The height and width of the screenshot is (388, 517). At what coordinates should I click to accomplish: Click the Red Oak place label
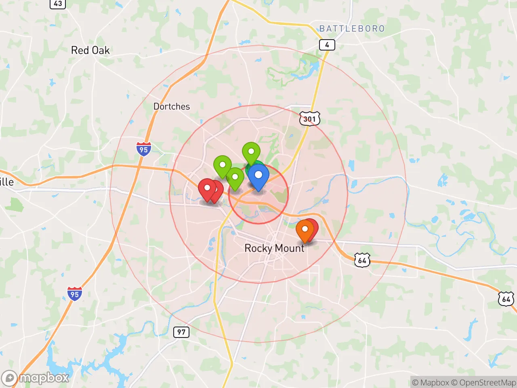90,50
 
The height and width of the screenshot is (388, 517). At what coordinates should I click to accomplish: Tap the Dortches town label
171,106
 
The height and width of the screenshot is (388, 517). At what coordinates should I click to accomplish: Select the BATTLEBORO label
352,29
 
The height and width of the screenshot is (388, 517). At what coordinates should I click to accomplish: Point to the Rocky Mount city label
274,248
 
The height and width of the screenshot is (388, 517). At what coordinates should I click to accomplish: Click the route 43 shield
58,4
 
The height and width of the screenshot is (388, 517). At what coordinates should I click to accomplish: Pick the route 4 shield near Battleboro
327,45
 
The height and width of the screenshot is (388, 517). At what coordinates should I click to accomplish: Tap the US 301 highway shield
309,119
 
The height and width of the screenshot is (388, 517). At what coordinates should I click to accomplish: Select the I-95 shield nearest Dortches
143,149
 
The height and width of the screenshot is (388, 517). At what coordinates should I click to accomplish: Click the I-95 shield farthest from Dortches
75,294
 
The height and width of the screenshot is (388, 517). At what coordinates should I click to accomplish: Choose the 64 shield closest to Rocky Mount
362,260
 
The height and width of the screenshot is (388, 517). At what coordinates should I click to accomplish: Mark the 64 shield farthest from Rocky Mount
506,299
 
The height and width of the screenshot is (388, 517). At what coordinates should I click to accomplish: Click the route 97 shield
181,332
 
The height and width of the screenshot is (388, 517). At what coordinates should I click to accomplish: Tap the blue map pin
258,176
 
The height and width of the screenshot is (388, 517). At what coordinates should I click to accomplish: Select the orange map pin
305,230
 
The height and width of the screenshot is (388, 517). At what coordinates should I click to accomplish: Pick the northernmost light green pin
251,152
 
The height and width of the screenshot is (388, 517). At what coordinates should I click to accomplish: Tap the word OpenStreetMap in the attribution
483,382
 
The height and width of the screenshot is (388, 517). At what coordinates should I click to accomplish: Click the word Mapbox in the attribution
434,382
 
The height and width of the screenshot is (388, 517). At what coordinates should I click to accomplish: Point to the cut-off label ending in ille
6,182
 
